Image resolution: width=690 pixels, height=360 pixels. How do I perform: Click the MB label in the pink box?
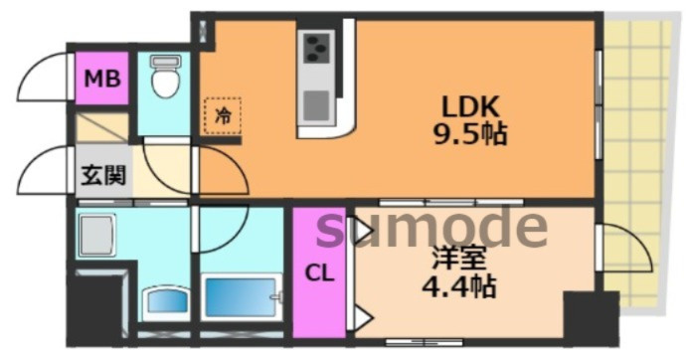(x=102, y=79)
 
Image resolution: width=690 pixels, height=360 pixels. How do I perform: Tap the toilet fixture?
(x=165, y=76)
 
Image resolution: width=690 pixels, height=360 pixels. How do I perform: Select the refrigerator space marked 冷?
(x=223, y=115)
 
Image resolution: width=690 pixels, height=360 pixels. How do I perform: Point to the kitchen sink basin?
(x=316, y=105)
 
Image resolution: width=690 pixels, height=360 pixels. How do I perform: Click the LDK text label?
(x=470, y=106)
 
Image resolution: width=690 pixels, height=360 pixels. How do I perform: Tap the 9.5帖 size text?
(x=470, y=133)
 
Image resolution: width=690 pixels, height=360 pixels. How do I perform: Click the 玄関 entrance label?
(x=103, y=175)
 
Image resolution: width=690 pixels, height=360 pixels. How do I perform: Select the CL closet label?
(x=319, y=273)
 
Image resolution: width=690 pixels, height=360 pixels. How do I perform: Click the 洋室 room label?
(x=459, y=258)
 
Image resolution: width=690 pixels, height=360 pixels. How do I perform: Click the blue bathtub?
(x=242, y=297)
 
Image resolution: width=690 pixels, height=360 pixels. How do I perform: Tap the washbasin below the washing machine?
(x=167, y=301)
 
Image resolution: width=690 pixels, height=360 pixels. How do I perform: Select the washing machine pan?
(x=95, y=235)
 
